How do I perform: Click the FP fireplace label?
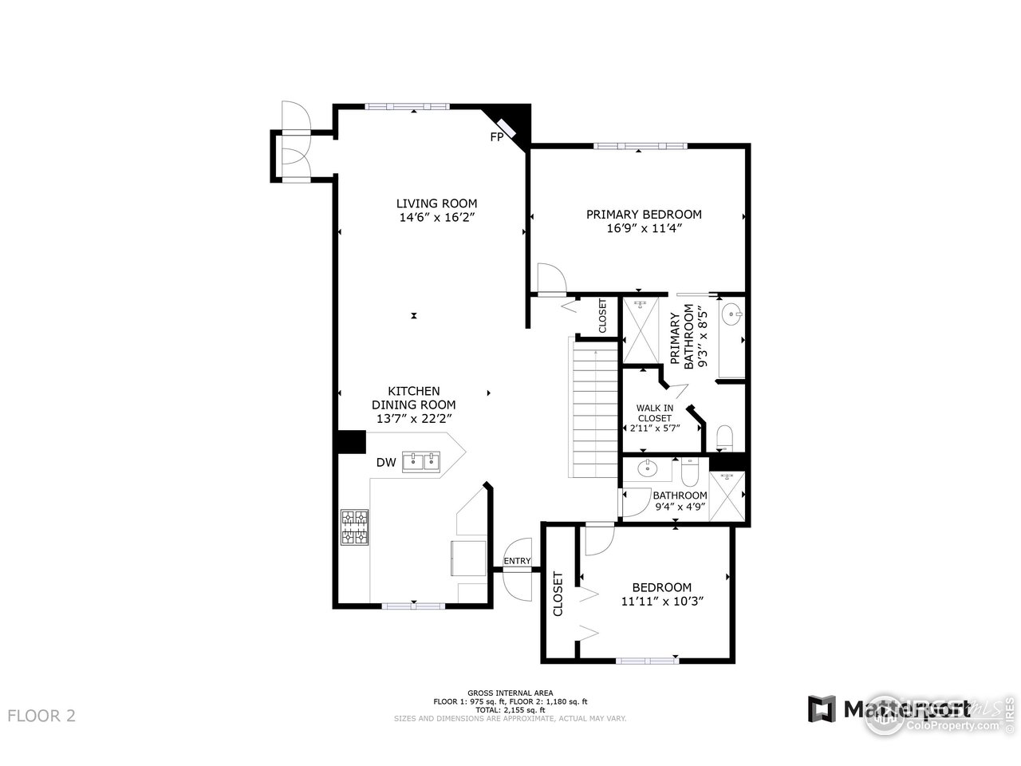click(x=496, y=137)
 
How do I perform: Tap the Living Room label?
click(x=437, y=203)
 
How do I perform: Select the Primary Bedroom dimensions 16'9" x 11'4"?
click(x=644, y=228)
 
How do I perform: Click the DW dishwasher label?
click(x=386, y=463)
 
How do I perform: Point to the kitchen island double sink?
click(x=423, y=460)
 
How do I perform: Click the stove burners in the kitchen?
click(x=354, y=527)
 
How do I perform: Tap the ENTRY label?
click(x=517, y=561)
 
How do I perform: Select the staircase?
click(x=593, y=407)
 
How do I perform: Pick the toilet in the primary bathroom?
click(x=725, y=437)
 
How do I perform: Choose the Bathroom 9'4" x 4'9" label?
click(x=680, y=500)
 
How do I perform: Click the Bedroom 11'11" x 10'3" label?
click(x=662, y=594)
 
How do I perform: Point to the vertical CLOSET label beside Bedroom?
click(x=558, y=594)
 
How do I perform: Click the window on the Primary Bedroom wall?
click(x=640, y=146)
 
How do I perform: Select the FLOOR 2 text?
click(x=41, y=715)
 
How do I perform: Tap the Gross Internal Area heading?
click(x=510, y=693)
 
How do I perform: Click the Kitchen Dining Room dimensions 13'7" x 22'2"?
click(x=413, y=417)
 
